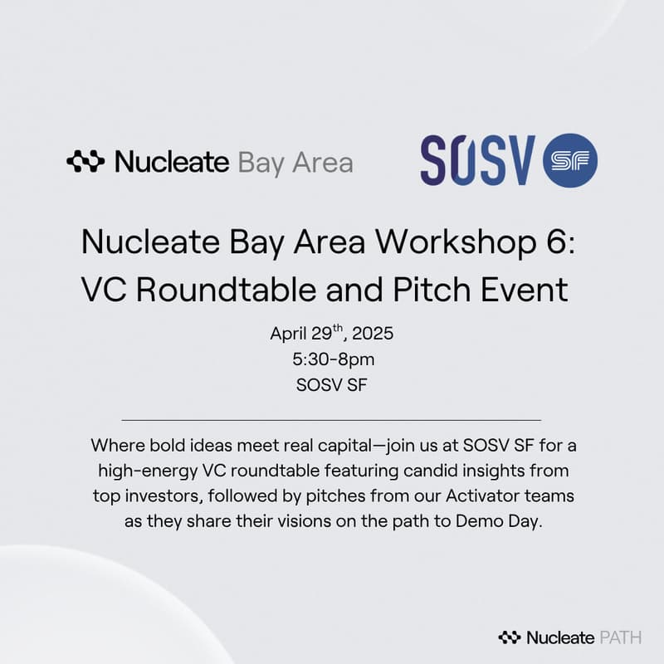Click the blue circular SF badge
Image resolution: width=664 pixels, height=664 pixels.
point(569,160)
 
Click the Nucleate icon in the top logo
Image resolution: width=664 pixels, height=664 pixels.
point(85,161)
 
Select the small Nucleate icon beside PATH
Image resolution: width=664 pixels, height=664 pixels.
point(509,637)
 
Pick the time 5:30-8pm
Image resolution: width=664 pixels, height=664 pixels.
point(331,361)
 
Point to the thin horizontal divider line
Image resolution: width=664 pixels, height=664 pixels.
point(331,420)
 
